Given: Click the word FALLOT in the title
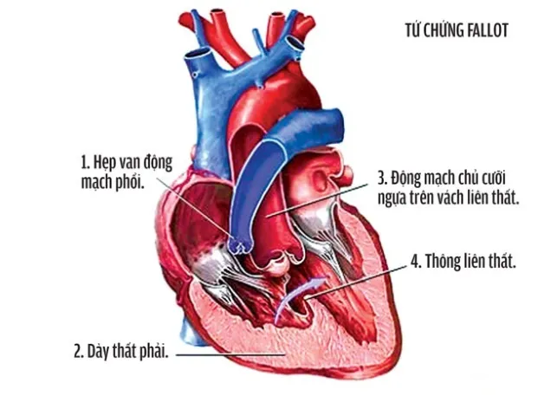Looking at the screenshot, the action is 488,31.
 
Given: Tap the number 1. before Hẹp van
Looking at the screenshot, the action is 86,163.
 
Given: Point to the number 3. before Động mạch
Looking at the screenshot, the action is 382,179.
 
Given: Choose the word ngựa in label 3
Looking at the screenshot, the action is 392,199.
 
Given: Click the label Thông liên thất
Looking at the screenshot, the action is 470,262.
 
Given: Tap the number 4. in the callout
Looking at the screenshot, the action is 416,262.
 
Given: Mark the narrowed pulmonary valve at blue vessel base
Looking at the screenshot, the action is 240,244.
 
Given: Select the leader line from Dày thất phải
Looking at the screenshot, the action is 230,355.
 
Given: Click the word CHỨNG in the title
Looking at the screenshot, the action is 444,30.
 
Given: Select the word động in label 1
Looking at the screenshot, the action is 158,164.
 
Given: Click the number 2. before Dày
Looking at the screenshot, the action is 79,352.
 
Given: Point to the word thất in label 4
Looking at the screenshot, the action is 502,262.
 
